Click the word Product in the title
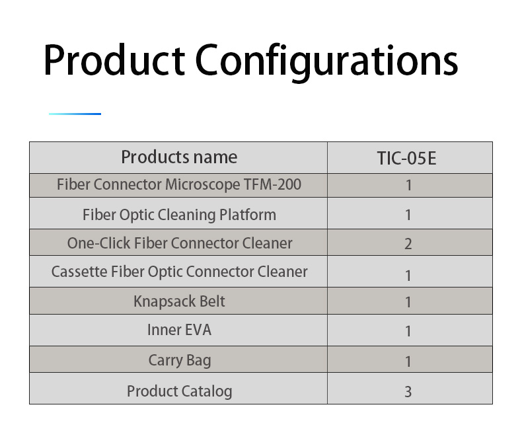[x=114, y=60]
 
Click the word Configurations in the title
[x=326, y=62]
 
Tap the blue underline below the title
[x=75, y=114]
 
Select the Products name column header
[x=179, y=157]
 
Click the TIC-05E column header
[x=406, y=158]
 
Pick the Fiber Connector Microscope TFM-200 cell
[x=179, y=185]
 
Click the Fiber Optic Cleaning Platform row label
[x=180, y=215]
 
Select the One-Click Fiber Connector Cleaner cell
[x=180, y=243]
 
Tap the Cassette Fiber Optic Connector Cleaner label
[x=180, y=272]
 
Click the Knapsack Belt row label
[x=180, y=301]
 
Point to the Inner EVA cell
[x=180, y=330]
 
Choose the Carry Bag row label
[x=180, y=361]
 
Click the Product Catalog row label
[x=180, y=391]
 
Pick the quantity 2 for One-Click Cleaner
[x=408, y=244]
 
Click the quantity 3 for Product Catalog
[x=408, y=392]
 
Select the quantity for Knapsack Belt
[x=408, y=303]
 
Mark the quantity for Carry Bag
[x=408, y=362]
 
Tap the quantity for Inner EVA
[x=408, y=331]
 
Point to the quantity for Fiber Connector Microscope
[x=408, y=186]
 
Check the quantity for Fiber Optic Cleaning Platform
[x=408, y=215]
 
